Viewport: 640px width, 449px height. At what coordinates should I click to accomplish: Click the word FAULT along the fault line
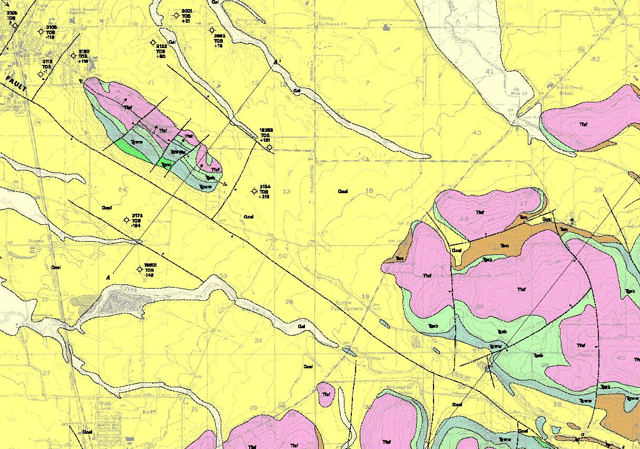point(17,85)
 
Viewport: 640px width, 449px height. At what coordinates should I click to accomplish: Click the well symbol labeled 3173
point(126,221)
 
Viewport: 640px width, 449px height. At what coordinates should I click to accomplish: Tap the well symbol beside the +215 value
point(255,191)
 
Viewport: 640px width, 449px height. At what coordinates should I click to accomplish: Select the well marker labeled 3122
point(153,43)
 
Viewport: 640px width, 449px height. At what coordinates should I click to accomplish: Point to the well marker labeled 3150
point(73,56)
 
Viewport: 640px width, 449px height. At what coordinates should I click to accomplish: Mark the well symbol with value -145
point(140,269)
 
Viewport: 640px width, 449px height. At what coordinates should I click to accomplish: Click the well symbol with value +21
point(176,15)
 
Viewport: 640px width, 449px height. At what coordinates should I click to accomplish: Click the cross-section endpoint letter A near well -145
point(108,277)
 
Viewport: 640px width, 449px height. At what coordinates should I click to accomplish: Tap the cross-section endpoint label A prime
point(277,62)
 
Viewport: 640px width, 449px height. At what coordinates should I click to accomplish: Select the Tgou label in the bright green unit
point(166,165)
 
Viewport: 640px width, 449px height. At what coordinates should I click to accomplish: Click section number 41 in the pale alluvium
point(489,71)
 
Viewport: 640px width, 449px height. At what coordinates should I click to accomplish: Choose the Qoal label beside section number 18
point(342,191)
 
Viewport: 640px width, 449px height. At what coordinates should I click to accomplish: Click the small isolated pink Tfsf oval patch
point(326,394)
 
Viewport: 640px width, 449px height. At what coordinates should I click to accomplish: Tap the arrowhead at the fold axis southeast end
point(227,185)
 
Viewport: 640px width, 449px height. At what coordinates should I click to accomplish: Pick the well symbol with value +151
point(270,147)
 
